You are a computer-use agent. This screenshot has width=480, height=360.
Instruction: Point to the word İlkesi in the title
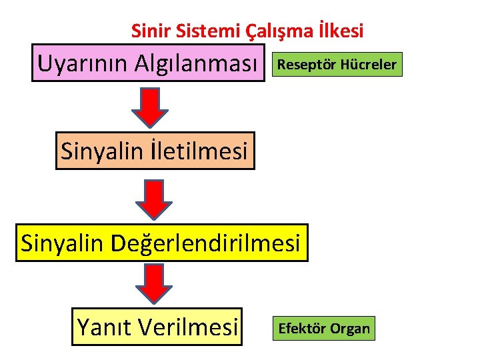(x=341, y=31)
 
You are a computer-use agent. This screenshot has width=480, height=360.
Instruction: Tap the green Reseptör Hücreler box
(x=336, y=65)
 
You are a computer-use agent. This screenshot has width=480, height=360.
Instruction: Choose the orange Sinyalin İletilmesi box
(x=155, y=151)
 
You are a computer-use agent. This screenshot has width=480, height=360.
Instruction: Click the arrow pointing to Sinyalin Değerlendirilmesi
(x=155, y=199)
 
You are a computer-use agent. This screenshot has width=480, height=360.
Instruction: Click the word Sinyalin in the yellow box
(x=63, y=243)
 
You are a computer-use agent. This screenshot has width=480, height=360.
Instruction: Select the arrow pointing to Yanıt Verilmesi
(x=155, y=284)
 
